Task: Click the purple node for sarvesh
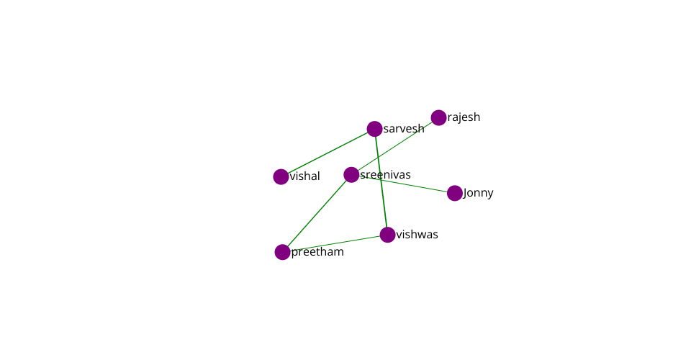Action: click(x=374, y=129)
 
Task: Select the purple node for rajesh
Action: click(x=438, y=117)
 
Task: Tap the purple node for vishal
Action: click(x=281, y=176)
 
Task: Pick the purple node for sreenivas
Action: click(x=351, y=174)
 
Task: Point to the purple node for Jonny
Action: click(x=455, y=193)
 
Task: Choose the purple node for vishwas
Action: click(x=387, y=235)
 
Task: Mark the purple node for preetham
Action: click(x=282, y=252)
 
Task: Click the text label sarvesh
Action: click(x=404, y=129)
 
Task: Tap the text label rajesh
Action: click(x=464, y=117)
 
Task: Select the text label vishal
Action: click(x=305, y=176)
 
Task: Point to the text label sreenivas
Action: click(x=386, y=174)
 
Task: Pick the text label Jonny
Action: click(x=479, y=193)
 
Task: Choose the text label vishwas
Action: click(x=417, y=235)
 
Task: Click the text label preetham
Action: click(x=317, y=252)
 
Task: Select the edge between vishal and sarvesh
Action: click(x=328, y=153)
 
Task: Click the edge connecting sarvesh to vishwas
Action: click(x=381, y=182)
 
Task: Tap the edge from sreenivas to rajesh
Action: click(x=395, y=146)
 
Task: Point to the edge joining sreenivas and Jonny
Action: click(x=403, y=184)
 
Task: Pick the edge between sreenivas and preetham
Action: click(x=317, y=213)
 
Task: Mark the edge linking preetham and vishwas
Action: click(x=335, y=243)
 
